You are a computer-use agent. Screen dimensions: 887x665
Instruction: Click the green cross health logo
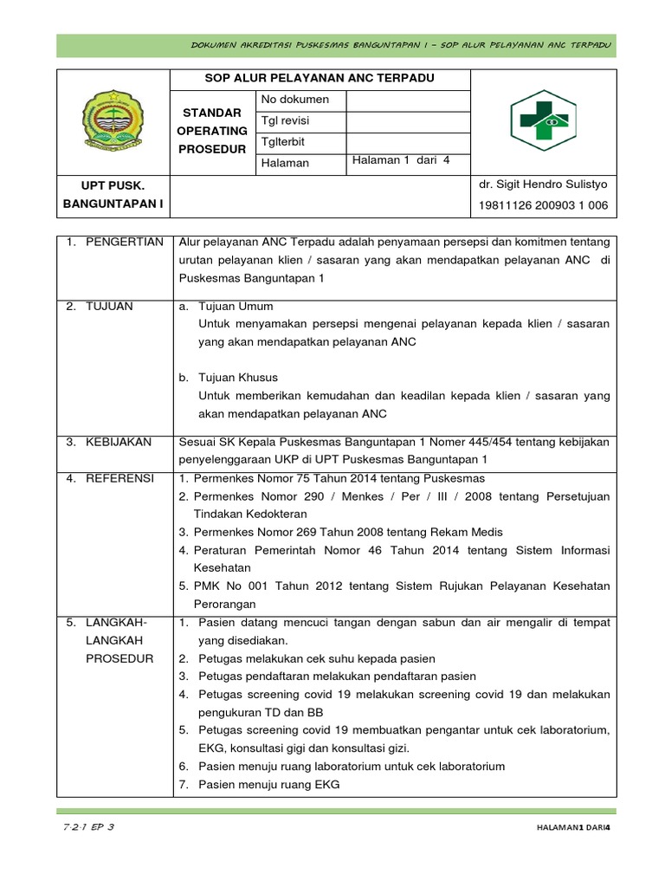tap(543, 120)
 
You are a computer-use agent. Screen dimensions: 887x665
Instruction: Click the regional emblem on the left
tap(113, 121)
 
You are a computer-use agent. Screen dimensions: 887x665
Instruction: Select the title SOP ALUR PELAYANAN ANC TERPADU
tap(320, 79)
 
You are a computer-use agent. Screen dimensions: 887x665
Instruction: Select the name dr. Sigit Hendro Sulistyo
tap(543, 185)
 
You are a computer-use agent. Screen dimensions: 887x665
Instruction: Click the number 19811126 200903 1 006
tap(543, 205)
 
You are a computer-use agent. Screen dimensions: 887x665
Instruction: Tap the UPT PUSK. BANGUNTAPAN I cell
tap(113, 195)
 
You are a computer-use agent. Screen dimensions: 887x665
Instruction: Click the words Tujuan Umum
tap(236, 307)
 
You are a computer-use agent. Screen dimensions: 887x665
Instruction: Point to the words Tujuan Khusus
tap(238, 378)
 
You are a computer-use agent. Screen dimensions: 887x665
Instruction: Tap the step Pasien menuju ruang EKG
tap(268, 785)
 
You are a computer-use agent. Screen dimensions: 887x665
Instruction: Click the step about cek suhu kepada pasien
tap(316, 658)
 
